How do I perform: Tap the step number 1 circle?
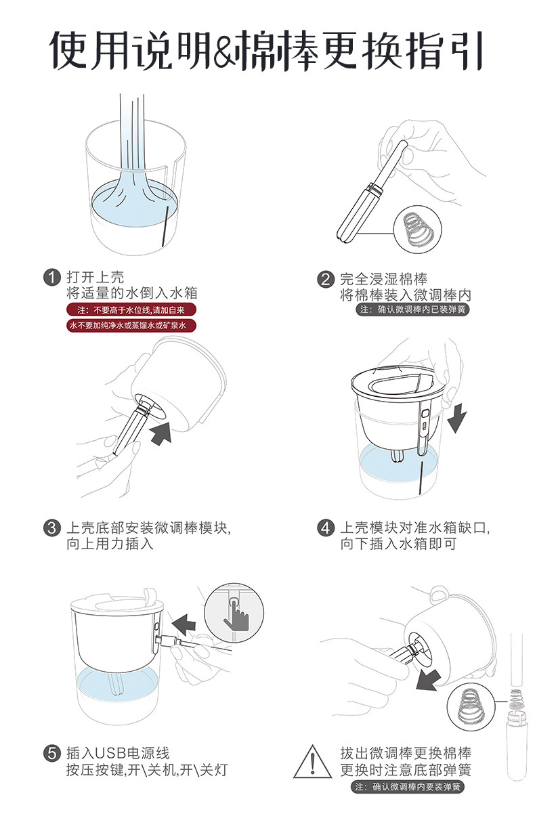tap(52, 278)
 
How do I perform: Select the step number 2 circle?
tap(326, 279)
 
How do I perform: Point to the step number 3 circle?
tap(52, 528)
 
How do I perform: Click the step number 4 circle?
tap(326, 528)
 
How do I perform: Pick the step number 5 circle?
tap(52, 753)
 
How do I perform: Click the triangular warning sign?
tap(312, 762)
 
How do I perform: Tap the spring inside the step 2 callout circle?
tap(418, 230)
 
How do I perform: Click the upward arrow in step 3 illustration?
tap(161, 433)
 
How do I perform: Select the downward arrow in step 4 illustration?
tap(457, 418)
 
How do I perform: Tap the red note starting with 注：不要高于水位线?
tap(131, 310)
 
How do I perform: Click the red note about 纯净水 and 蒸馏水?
tap(131, 326)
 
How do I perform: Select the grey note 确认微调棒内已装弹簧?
tap(412, 309)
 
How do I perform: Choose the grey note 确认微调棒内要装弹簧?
tap(407, 787)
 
